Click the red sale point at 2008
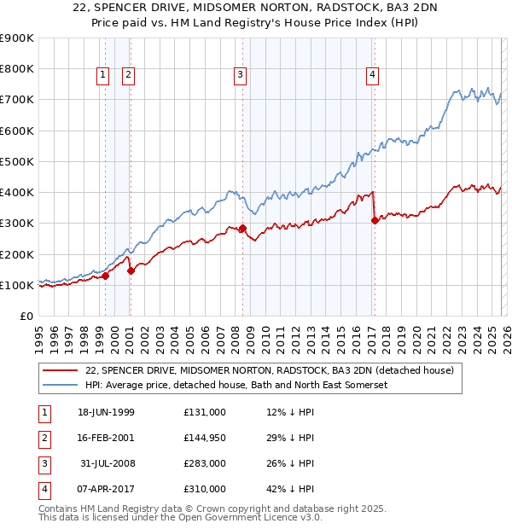(242, 229)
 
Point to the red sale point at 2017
(375, 220)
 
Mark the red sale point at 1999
(106, 276)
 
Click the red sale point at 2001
(131, 271)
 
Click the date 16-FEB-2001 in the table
(106, 438)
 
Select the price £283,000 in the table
(205, 463)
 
